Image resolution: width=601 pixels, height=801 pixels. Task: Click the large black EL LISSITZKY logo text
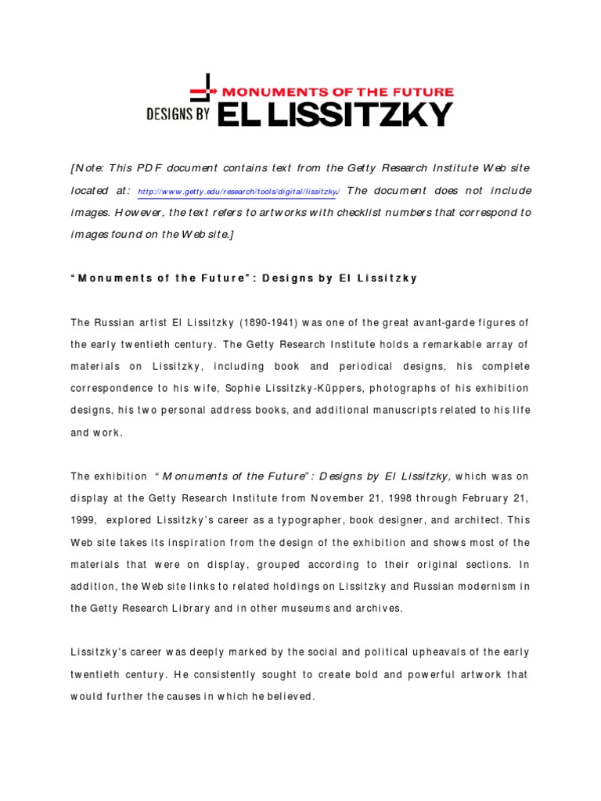pos(335,114)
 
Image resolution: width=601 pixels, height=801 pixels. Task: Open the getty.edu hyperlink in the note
pos(237,192)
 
